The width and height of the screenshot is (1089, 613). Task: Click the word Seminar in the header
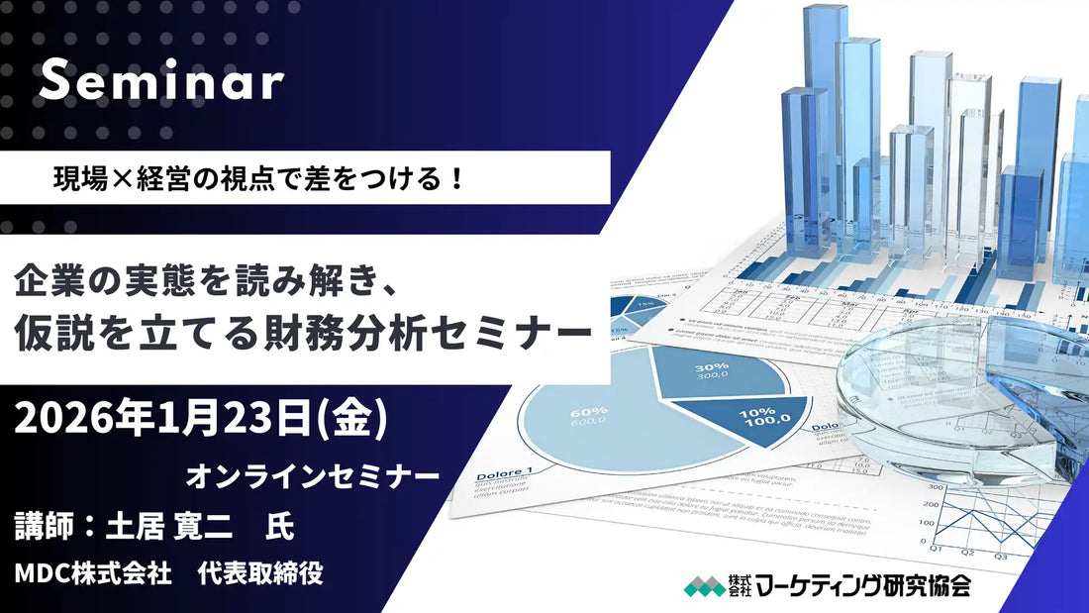click(x=161, y=84)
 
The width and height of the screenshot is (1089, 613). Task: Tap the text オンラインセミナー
click(x=313, y=476)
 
